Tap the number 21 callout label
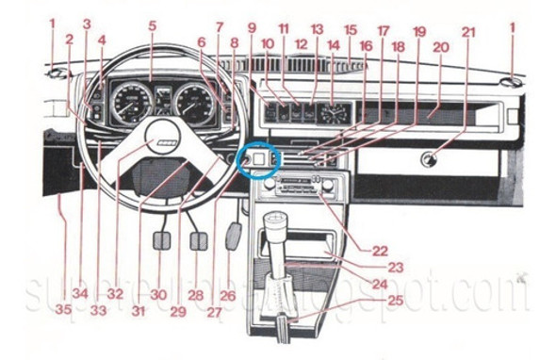[x=468, y=30]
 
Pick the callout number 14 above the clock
[x=333, y=43]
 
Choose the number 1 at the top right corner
[x=513, y=27]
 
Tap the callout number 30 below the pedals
[x=159, y=294]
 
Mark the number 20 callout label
[x=439, y=46]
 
